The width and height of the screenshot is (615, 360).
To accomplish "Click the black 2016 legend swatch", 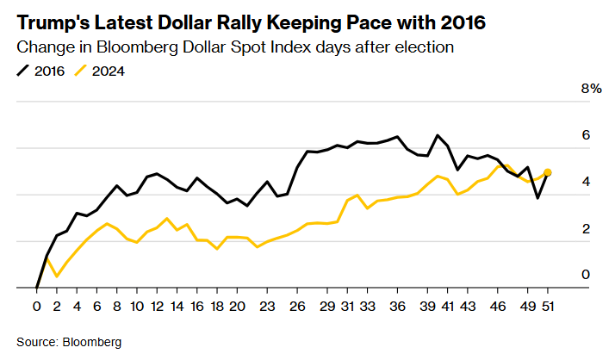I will pyautogui.click(x=24, y=71).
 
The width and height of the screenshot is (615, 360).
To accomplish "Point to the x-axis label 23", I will pyautogui.click(x=268, y=306).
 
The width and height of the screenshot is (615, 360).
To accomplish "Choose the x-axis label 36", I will pyautogui.click(x=397, y=306).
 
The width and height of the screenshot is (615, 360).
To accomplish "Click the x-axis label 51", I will pyautogui.click(x=547, y=306).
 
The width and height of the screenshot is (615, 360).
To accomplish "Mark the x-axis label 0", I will pyautogui.click(x=37, y=306).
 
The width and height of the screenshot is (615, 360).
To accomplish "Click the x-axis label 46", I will pyautogui.click(x=498, y=306).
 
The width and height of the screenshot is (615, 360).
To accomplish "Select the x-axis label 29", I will pyautogui.click(x=327, y=306).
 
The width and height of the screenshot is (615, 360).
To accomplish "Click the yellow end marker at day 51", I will pyautogui.click(x=548, y=172).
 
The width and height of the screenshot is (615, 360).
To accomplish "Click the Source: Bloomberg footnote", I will pyautogui.click(x=69, y=342).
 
